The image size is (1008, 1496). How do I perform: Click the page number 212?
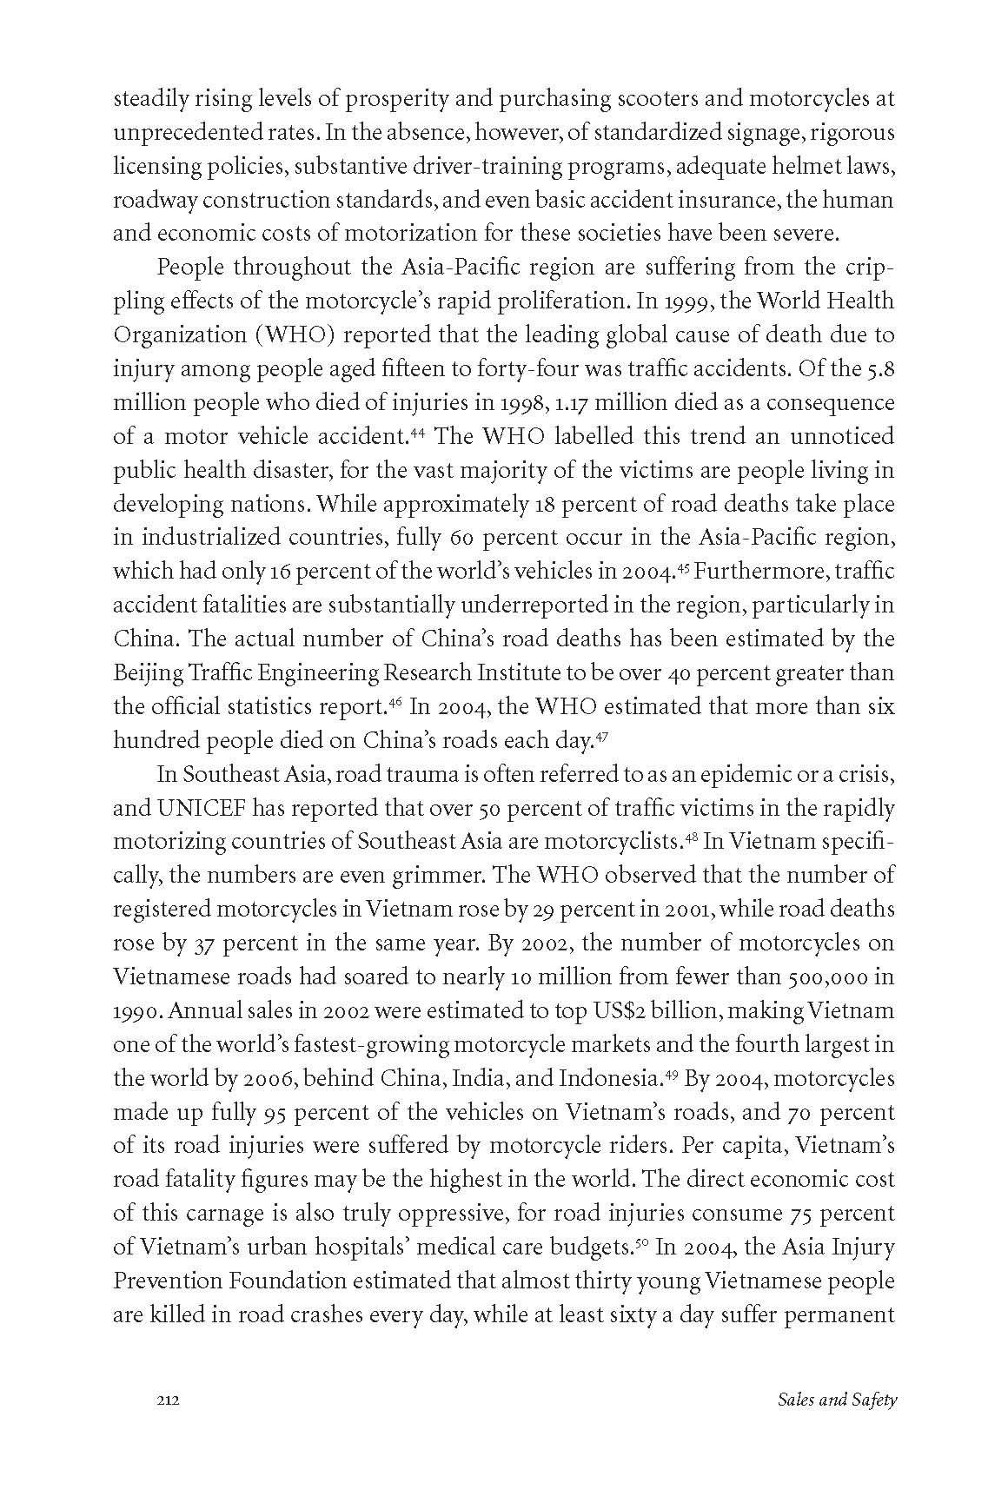(168, 1400)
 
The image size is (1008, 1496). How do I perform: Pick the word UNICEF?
(202, 808)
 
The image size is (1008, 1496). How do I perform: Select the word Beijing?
(145, 673)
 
